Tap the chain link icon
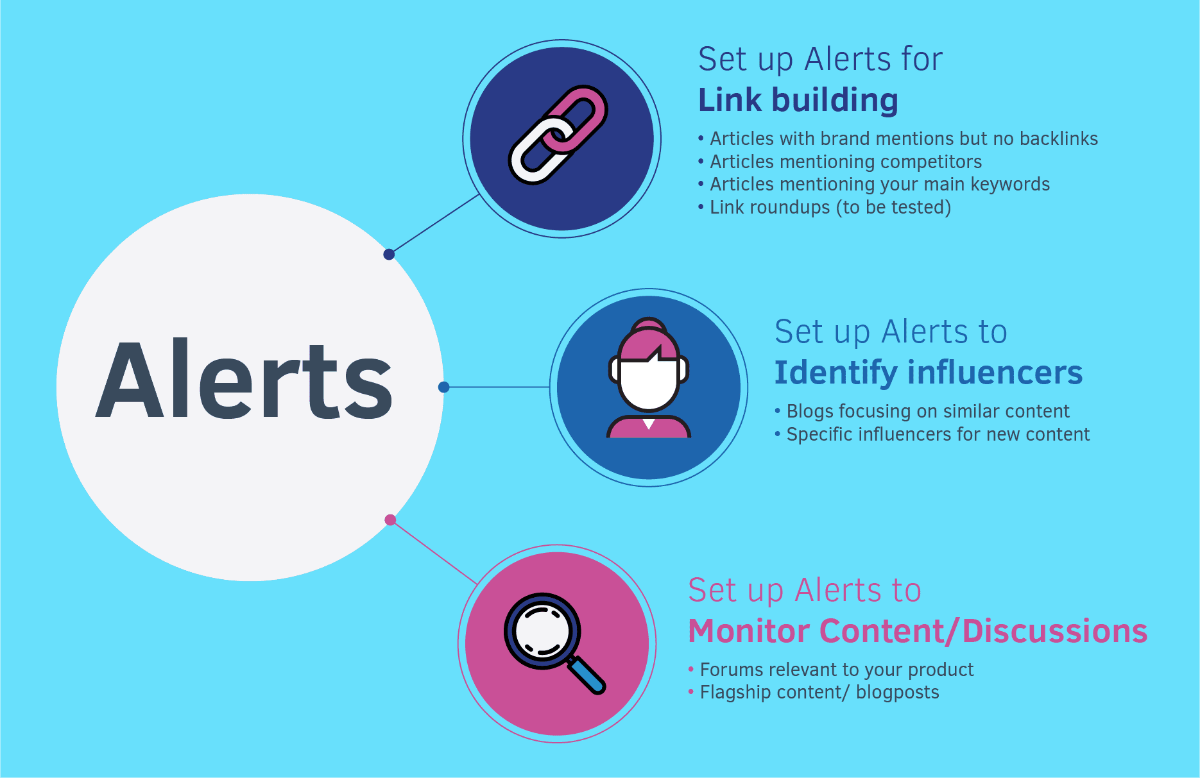(558, 135)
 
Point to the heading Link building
(798, 101)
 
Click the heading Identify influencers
(929, 373)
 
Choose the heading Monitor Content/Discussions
(918, 631)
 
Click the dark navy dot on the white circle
(389, 255)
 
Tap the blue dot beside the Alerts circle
(443, 387)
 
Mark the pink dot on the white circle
(390, 520)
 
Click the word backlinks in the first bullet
(1059, 139)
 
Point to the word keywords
(1010, 185)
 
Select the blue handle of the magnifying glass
(587, 675)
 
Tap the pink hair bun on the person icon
(649, 325)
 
